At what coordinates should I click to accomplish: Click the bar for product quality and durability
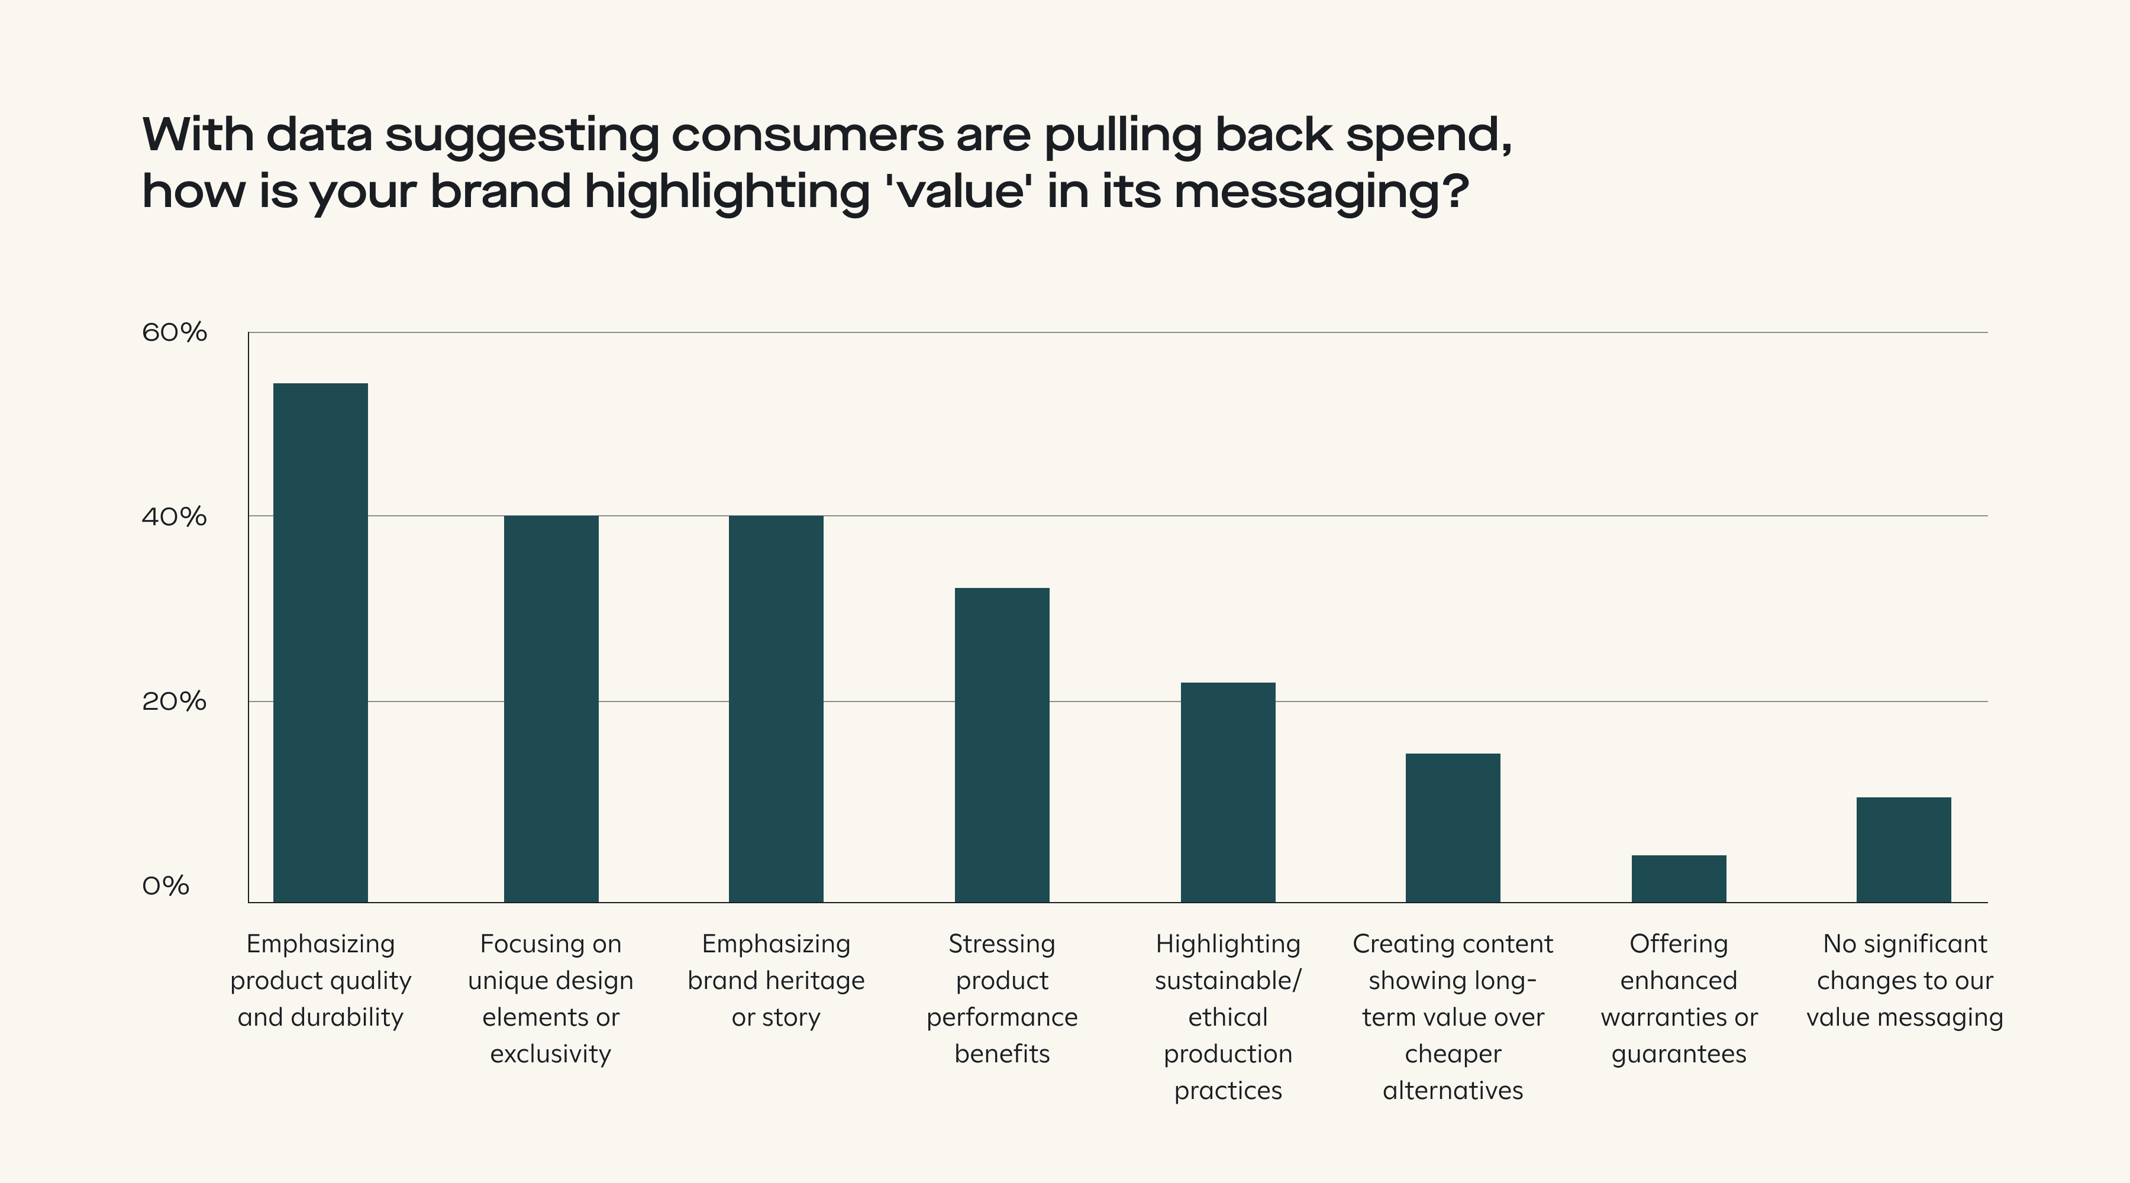[x=320, y=642]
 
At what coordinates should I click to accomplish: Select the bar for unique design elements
[x=551, y=709]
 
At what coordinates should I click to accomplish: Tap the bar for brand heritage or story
[x=776, y=709]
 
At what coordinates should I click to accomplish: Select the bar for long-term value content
[x=1453, y=828]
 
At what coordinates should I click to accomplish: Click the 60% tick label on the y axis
[x=173, y=332]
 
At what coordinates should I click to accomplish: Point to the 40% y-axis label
[x=173, y=518]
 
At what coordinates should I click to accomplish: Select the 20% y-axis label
[x=173, y=702]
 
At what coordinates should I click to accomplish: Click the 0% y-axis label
[x=166, y=886]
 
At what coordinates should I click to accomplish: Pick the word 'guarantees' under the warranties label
[x=1679, y=1055]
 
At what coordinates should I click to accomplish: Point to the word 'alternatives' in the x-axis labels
[x=1452, y=1090]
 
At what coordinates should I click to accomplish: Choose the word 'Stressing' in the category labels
[x=1001, y=944]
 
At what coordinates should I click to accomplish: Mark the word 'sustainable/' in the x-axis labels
[x=1227, y=981]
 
